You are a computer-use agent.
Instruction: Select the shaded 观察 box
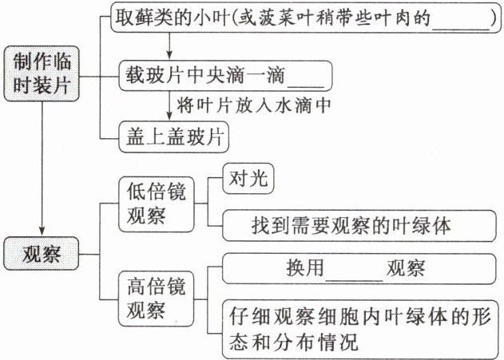pos(42,256)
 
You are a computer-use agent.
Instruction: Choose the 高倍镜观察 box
pos(157,296)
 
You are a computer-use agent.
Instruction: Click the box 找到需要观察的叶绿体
pos(361,225)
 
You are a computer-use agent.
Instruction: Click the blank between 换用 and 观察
pos(355,268)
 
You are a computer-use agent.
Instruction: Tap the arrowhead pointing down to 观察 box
pos(42,232)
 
